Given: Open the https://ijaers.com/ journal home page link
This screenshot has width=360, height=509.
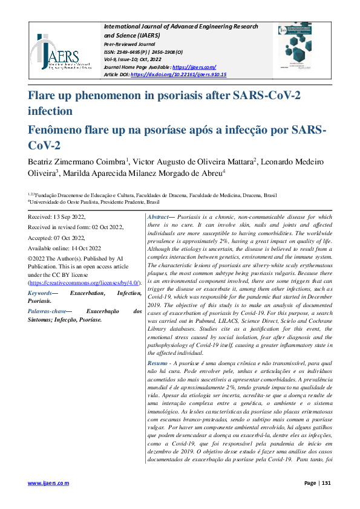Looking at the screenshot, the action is (194, 67).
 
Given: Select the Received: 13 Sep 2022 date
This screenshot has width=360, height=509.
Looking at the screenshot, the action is (57, 216).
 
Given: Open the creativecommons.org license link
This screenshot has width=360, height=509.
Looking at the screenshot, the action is (85, 282).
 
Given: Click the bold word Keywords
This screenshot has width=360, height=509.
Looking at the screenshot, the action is (40, 293).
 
